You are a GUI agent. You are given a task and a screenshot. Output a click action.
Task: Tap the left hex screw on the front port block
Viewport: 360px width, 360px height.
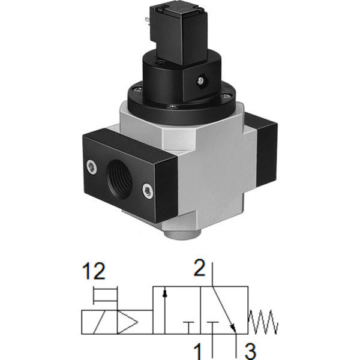coord(92,167)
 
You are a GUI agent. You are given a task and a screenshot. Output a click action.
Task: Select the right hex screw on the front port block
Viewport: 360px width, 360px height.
coord(148,191)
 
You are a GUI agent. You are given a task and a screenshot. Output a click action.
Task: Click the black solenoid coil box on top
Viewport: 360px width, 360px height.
coord(179,34)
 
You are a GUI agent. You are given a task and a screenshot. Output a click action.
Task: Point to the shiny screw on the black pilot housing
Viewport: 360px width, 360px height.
coord(200,80)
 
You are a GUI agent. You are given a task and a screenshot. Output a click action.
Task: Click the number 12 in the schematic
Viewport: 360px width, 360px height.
coord(94,271)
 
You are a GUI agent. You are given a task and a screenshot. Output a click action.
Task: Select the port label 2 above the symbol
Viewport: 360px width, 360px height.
coord(199,268)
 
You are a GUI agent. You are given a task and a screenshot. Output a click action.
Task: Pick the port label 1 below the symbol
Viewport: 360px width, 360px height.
coord(197,351)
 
